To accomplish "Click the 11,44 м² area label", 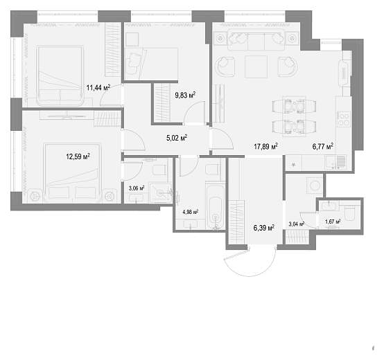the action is [98, 87].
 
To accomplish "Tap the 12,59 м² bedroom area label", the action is [78, 156].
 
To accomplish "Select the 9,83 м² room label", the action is [185, 95].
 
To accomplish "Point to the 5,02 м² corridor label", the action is [177, 138].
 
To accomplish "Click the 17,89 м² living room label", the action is [265, 147].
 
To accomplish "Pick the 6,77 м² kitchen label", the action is [322, 147].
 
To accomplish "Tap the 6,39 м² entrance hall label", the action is [264, 228].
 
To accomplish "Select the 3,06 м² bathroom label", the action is [137, 188].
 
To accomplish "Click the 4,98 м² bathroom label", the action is [191, 212].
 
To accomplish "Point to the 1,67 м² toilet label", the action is [333, 222].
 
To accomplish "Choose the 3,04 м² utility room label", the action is [297, 224].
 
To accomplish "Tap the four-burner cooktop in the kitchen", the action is [344, 119].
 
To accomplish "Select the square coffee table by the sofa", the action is [256, 66].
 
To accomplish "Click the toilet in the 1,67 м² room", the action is [349, 213].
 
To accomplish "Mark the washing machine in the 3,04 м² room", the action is [315, 186].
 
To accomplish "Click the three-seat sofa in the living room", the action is [256, 40].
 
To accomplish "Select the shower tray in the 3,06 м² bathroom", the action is [160, 192].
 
